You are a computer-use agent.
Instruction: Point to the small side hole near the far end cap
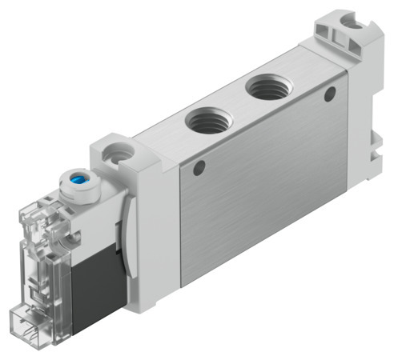pyautogui.click(x=328, y=94)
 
